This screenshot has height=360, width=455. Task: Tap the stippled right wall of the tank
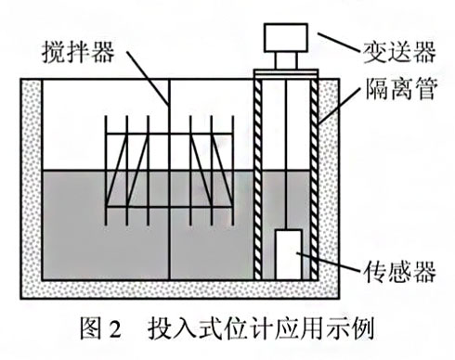point(336,186)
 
